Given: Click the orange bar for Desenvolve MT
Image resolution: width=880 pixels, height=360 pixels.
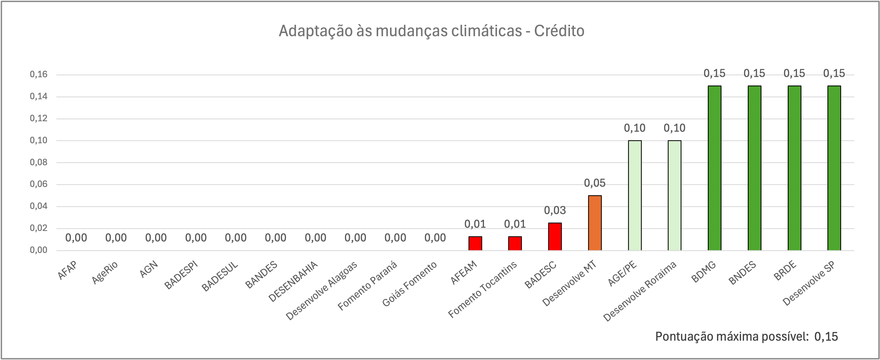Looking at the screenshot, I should pos(595,223).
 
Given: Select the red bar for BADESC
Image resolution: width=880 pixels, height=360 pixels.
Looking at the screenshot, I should pos(555,236).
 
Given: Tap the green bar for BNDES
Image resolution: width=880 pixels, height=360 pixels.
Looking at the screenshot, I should pos(754,168).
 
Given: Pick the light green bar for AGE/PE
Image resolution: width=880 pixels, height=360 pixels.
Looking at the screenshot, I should pos(635,195).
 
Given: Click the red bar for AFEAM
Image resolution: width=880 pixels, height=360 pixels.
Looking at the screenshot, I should pos(475,243).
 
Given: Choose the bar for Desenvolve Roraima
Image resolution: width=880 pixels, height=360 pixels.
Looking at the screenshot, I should pos(674,195).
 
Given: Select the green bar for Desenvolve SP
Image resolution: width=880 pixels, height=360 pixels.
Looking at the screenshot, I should pos(834,168).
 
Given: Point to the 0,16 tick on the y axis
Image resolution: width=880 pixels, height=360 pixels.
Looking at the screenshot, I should pos(38,75).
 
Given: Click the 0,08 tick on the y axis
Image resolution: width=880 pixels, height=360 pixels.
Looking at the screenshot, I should pos(38,162).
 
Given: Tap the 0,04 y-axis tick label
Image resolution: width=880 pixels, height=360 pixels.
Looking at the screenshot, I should pos(38,206).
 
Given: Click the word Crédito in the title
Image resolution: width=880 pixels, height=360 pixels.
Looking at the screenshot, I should pos(559,31).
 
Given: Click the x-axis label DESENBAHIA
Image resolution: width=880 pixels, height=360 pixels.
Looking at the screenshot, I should pos(293,281).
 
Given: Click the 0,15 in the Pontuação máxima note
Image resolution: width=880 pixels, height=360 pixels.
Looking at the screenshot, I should pos(826,337).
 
